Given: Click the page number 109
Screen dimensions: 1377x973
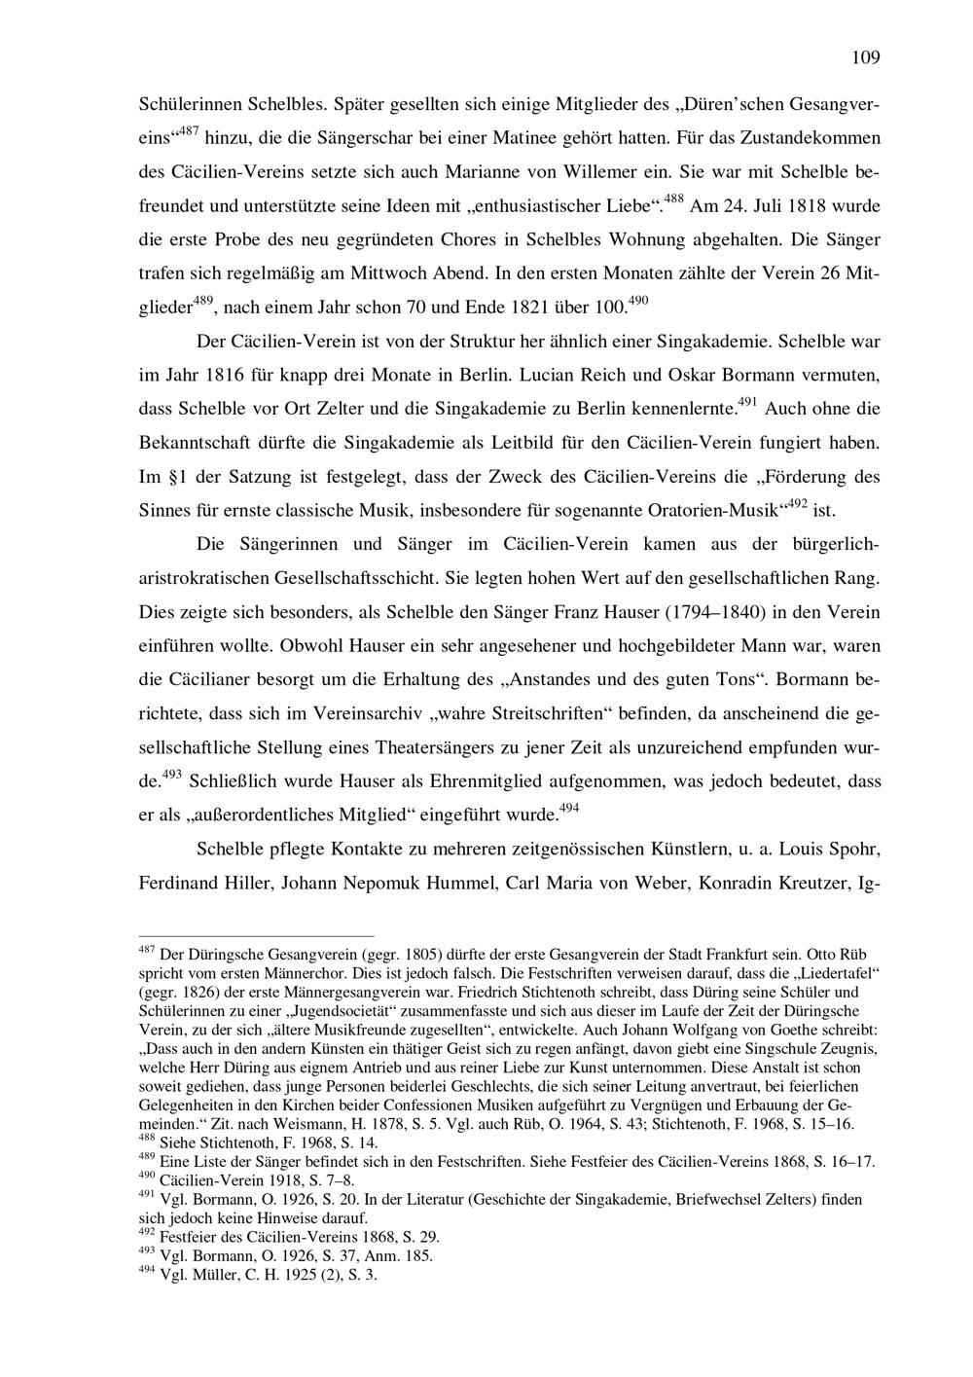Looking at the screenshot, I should [x=865, y=57].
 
